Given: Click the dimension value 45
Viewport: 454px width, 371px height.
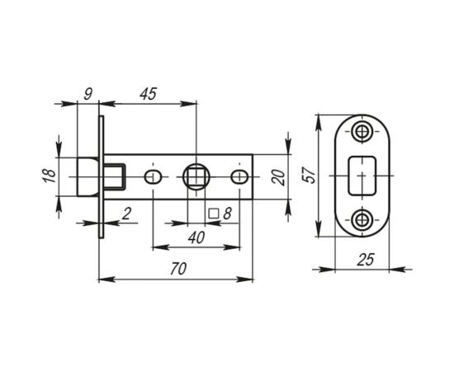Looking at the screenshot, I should pyautogui.click(x=149, y=93).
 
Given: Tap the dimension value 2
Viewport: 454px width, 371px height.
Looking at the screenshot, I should pyautogui.click(x=125, y=214).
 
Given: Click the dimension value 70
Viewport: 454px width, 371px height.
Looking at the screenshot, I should pyautogui.click(x=176, y=270).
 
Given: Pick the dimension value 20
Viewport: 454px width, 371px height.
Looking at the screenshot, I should pyautogui.click(x=278, y=177).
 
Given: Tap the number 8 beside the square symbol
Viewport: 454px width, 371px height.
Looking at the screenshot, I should pyautogui.click(x=227, y=214).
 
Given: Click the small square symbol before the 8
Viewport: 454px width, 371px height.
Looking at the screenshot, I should pyautogui.click(x=214, y=214).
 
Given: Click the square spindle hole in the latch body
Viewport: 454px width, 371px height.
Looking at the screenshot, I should pyautogui.click(x=196, y=177).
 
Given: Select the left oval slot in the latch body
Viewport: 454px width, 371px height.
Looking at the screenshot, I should pyautogui.click(x=152, y=177).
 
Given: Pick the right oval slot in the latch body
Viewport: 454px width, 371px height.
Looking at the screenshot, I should pyautogui.click(x=239, y=177).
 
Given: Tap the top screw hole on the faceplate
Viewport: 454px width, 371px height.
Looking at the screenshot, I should pyautogui.click(x=363, y=133).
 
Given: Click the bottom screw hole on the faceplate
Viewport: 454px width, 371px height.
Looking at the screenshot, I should pyautogui.click(x=363, y=219).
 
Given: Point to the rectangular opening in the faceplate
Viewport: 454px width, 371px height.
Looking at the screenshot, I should pyautogui.click(x=363, y=176).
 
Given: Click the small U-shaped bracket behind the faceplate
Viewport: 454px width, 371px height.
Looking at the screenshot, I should pyautogui.click(x=116, y=177).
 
